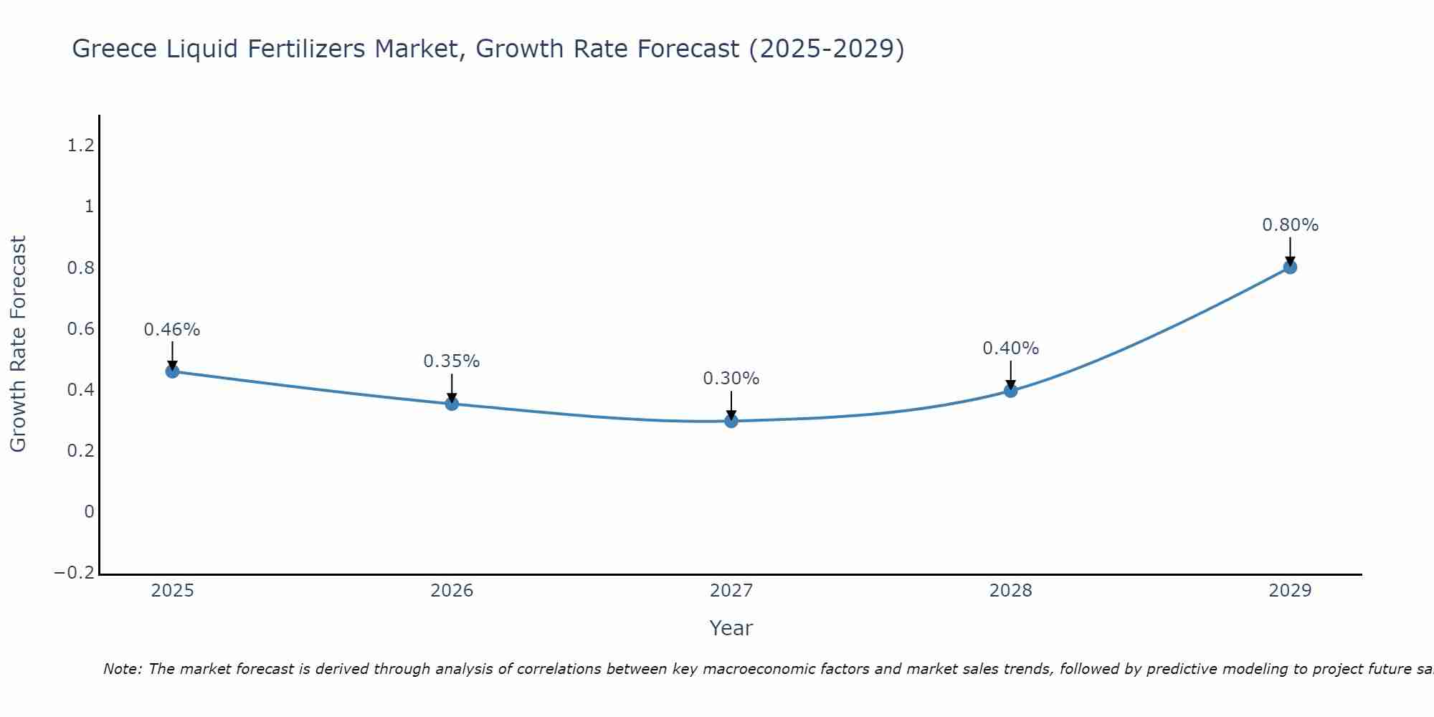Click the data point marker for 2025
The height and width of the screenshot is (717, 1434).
click(x=172, y=371)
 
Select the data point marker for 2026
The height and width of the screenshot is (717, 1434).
click(x=452, y=404)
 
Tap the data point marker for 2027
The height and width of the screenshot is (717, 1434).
click(x=731, y=421)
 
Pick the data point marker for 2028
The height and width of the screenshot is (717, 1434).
click(x=1010, y=391)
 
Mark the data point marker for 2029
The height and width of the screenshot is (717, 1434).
click(x=1290, y=267)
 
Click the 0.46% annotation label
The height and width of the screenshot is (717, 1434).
click(x=172, y=330)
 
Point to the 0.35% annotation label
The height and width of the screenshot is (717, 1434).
click(x=452, y=361)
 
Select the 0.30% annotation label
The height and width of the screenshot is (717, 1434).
click(x=731, y=379)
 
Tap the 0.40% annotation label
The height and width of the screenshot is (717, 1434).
click(x=1010, y=348)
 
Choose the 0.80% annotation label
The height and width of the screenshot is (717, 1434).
click(x=1290, y=225)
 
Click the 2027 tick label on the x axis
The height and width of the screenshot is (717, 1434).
click(x=731, y=591)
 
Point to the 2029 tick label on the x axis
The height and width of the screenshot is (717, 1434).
click(x=1290, y=591)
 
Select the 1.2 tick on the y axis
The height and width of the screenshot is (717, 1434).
click(x=80, y=146)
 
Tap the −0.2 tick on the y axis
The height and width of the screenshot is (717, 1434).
click(x=74, y=573)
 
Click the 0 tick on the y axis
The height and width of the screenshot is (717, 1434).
click(x=89, y=512)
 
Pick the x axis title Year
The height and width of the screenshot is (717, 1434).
click(x=731, y=628)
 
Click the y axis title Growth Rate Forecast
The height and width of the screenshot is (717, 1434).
click(x=18, y=344)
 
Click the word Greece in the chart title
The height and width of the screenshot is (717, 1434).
click(x=115, y=49)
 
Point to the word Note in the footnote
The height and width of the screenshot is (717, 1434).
click(x=123, y=669)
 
